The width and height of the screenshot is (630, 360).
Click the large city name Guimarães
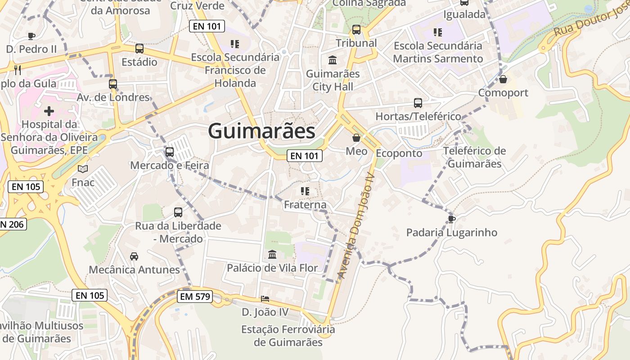coord(261,131)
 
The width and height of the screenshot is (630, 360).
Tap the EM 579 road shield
coord(195,297)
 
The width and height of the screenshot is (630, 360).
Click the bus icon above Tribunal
coord(356,30)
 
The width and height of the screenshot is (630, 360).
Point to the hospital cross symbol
coord(49,111)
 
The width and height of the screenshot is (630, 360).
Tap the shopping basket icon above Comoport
coord(503,79)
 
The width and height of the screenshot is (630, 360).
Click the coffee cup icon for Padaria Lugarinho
coord(451,219)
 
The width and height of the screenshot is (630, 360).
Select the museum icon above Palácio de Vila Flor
coord(272,255)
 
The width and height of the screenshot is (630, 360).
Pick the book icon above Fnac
coord(83,169)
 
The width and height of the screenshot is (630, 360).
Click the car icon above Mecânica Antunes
coord(134,256)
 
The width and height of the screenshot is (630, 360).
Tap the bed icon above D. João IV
coord(265,299)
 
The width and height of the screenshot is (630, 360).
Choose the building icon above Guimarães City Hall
coord(333,60)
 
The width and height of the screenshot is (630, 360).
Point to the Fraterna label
coord(305,205)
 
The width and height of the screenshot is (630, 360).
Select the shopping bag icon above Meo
coord(356,138)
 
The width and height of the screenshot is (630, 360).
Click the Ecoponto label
coord(399,153)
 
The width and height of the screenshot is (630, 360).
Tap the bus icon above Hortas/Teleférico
coord(418,103)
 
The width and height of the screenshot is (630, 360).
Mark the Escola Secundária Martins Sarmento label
coord(438,52)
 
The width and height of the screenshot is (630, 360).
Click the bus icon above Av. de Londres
coord(113,84)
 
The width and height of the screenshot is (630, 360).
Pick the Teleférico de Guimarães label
coord(474,157)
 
